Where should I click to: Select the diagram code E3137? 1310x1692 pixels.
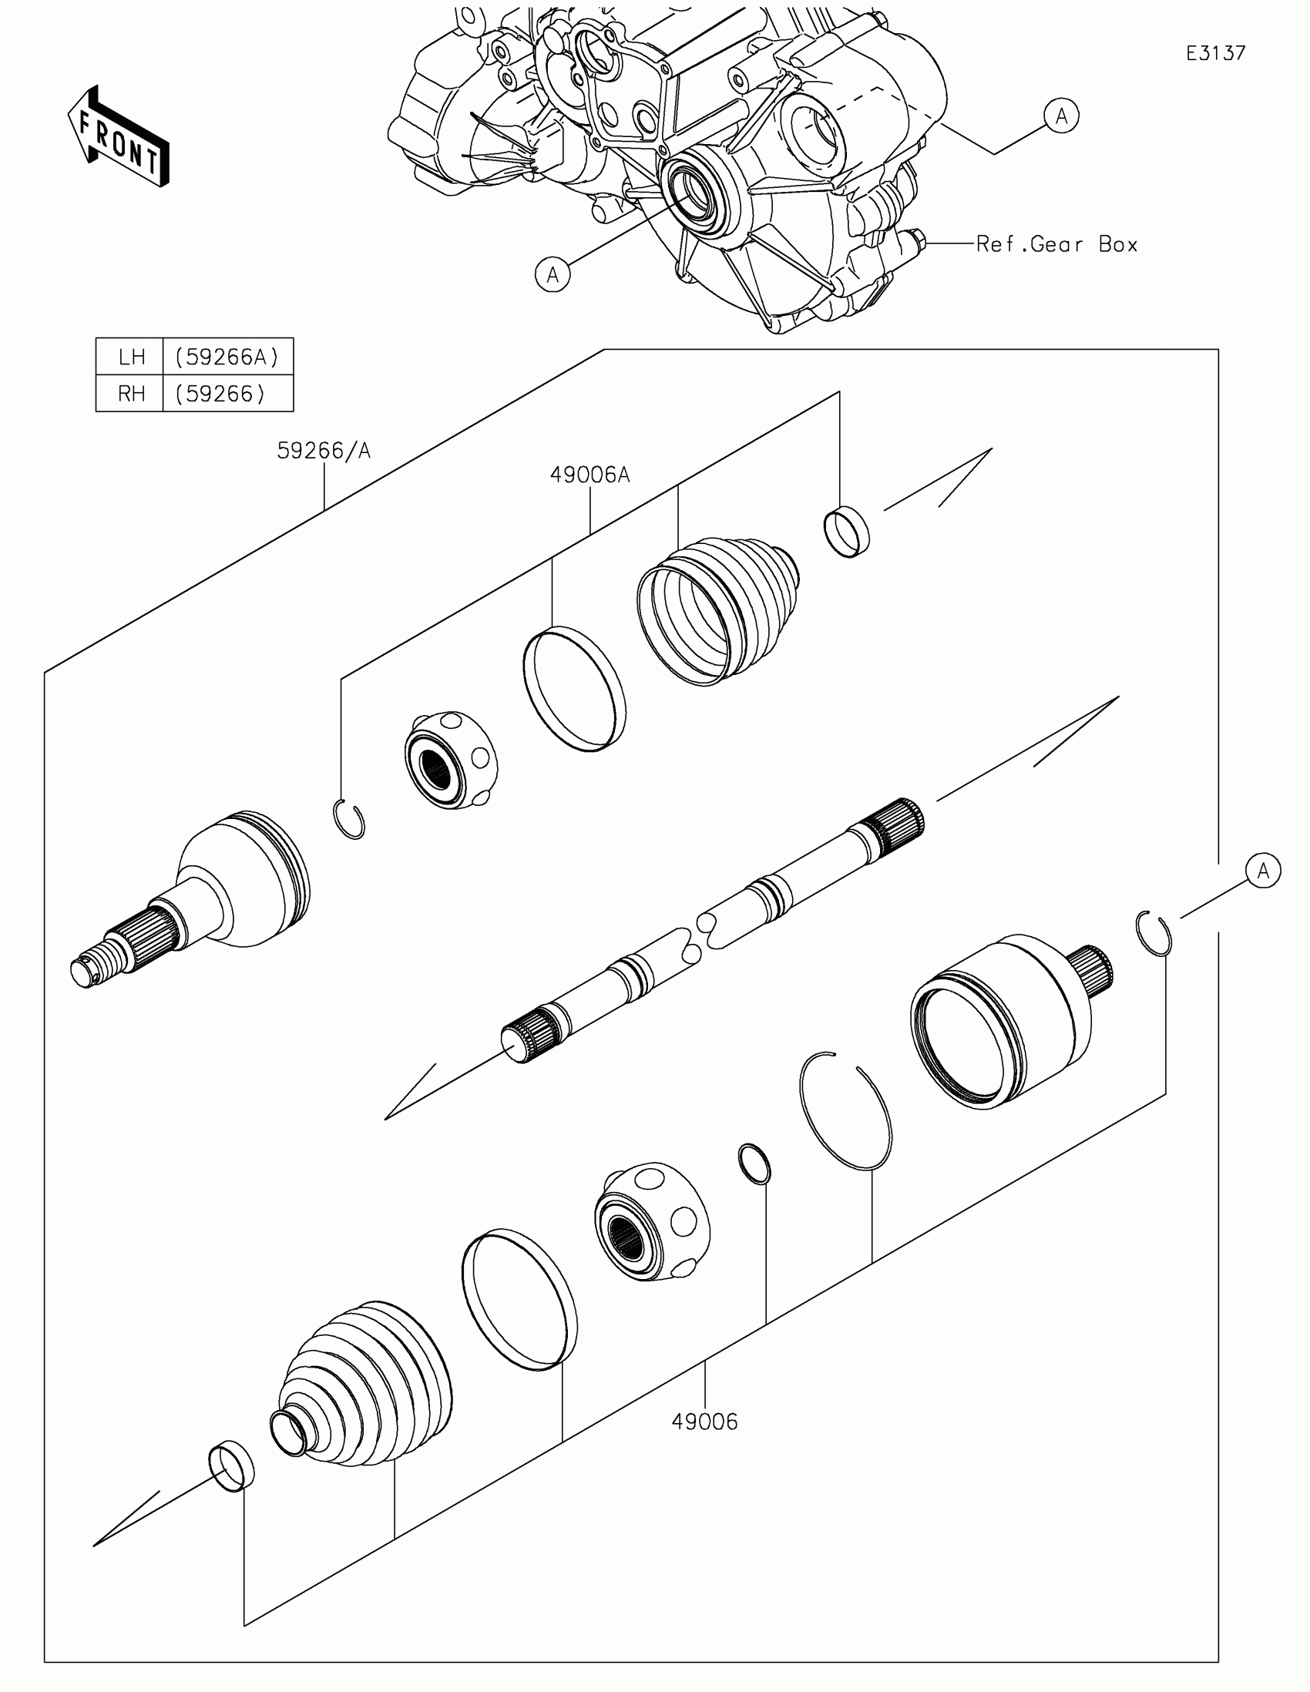coord(1215,53)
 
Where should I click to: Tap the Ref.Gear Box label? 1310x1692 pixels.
coord(1056,245)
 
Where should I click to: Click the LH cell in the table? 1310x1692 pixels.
coord(131,358)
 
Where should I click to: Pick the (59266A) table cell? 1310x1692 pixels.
coord(227,358)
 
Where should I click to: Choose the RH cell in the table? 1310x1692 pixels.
coord(131,394)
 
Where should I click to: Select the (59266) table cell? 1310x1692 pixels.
coord(220,394)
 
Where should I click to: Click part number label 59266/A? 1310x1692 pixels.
coord(324,451)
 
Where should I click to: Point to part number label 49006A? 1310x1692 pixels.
coord(589,475)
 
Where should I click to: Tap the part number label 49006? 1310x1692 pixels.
coord(704,1422)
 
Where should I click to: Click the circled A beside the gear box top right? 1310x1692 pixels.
coord(1060,116)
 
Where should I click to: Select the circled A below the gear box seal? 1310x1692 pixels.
coord(553,274)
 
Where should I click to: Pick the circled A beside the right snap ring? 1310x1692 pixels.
coord(1263,871)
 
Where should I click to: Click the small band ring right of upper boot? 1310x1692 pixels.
coord(846,532)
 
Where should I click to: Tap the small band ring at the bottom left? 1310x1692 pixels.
coord(231,1465)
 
